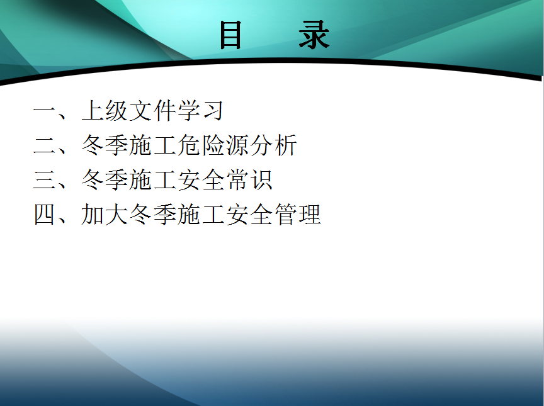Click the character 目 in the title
coord(230,35)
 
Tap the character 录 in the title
coord(314,35)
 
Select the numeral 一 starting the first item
coord(44,111)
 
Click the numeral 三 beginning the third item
coord(44,180)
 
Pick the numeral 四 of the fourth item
coord(44,215)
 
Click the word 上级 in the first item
coord(105,111)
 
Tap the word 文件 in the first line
coord(152,111)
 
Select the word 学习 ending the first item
coord(200,111)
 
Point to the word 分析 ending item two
coord(273,145)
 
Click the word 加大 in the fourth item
coord(105,215)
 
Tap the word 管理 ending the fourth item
coord(297,215)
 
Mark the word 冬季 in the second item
coord(105,145)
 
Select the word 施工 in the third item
coord(152,180)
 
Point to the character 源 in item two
coord(237,145)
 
